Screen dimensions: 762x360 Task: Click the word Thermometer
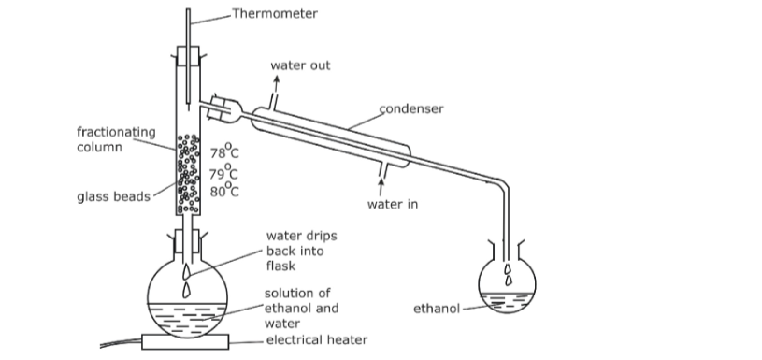(x=275, y=14)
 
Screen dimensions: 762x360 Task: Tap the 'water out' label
(x=300, y=65)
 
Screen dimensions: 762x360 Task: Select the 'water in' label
(x=392, y=204)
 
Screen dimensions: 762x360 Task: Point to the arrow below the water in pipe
(x=381, y=187)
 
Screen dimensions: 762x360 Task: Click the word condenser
(x=411, y=108)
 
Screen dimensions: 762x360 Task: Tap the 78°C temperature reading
(x=224, y=151)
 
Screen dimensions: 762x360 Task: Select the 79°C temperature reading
(x=223, y=172)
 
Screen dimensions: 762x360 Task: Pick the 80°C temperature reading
(x=224, y=191)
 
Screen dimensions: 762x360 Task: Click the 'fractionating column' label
(x=116, y=139)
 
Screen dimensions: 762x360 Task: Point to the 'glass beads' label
(x=114, y=196)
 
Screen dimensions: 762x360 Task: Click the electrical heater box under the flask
(x=185, y=342)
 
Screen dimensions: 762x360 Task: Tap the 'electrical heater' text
(x=316, y=340)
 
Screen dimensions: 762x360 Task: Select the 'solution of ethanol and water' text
(x=301, y=308)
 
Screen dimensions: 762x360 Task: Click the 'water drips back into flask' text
(x=301, y=251)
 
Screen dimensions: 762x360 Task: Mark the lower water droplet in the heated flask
(x=186, y=290)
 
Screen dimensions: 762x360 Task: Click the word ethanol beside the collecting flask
(x=437, y=309)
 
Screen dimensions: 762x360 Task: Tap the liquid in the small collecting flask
(x=507, y=302)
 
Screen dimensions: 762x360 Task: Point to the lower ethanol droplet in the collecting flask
(x=509, y=281)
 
